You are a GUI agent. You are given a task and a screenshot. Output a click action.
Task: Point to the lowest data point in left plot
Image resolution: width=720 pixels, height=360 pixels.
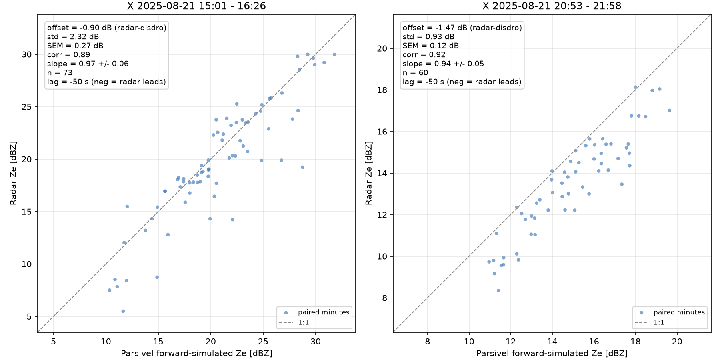123,311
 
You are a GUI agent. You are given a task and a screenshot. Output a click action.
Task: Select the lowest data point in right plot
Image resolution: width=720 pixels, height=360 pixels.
498,290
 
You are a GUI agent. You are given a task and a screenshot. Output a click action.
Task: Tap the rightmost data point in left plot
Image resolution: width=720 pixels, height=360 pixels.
334,54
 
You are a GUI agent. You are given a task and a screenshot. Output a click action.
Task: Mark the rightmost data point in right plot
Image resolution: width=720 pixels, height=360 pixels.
669,110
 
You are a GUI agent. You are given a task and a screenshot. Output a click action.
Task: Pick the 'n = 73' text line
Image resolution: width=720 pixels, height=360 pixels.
60,73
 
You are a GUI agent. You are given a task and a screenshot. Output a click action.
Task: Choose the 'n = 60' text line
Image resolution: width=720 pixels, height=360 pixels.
415,73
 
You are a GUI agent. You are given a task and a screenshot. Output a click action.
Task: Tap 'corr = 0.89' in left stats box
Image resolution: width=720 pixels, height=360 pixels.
68,55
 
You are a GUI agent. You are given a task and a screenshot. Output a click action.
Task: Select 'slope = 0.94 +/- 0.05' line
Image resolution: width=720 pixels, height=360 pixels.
443,64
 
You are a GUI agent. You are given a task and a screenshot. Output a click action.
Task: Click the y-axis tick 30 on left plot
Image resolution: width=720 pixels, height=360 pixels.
27,54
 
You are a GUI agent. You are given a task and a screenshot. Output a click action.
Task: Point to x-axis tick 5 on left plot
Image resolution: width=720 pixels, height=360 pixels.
53,341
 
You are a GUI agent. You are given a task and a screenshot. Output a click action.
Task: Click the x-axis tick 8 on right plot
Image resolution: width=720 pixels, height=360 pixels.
428,341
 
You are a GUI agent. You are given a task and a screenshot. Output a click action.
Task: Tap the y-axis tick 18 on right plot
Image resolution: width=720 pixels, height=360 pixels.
382,90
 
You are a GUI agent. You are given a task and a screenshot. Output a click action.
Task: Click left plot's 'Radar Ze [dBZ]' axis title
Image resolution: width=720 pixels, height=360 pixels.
14,173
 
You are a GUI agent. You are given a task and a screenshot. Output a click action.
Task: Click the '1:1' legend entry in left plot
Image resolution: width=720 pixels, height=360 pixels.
304,322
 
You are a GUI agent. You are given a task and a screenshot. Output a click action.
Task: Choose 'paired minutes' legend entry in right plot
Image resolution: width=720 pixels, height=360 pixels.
679,312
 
